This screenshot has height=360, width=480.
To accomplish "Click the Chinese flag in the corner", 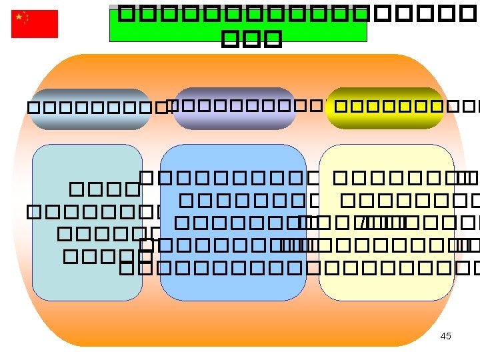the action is coord(35,24).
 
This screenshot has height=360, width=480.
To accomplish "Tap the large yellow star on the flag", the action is coord(20,17).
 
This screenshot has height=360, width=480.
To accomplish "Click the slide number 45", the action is coord(445,336).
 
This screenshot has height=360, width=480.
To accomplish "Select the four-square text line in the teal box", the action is coord(103,189).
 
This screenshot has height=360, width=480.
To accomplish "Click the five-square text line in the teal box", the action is coord(107,255).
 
